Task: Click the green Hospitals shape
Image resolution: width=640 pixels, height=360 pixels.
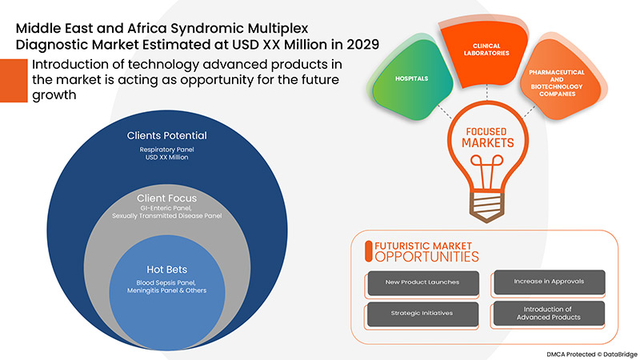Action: point(413,81)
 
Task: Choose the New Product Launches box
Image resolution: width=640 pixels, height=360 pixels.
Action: point(423,283)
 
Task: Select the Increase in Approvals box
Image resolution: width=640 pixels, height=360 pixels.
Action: point(547,283)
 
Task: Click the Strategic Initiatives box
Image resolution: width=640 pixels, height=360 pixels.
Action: point(423,314)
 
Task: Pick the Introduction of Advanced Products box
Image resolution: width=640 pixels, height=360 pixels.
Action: point(547,314)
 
